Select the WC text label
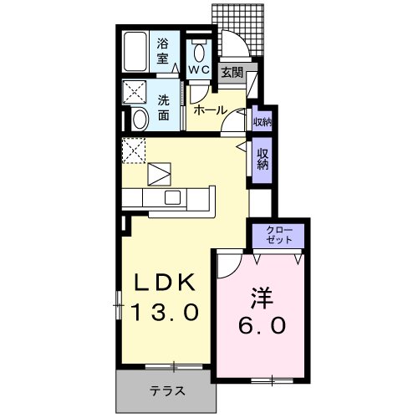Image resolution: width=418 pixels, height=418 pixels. pyautogui.click(x=198, y=69)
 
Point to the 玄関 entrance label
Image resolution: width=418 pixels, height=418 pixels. pyautogui.click(x=232, y=73)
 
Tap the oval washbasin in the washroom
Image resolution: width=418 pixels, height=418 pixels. pyautogui.click(x=140, y=120)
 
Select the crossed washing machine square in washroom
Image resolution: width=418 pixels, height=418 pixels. pyautogui.click(x=134, y=91)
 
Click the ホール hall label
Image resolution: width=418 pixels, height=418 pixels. pyautogui.click(x=209, y=110)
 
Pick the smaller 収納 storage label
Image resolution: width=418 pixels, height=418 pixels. pyautogui.click(x=262, y=122)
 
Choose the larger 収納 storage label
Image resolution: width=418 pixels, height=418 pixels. pyautogui.click(x=263, y=158)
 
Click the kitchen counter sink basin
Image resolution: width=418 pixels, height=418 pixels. pyautogui.click(x=173, y=197)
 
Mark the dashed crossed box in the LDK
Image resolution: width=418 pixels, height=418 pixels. pyautogui.click(x=134, y=150)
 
